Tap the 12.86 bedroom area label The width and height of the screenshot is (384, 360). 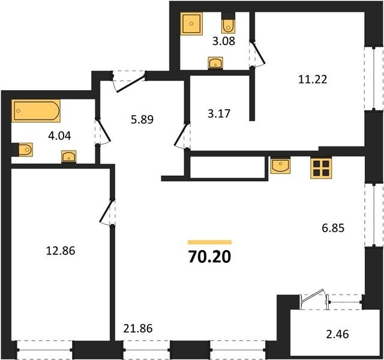pyautogui.click(x=61, y=251)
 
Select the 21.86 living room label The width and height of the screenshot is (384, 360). pyautogui.click(x=138, y=328)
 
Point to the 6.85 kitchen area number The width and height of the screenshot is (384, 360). pyautogui.click(x=333, y=228)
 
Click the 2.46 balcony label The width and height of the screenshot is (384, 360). pyautogui.click(x=337, y=334)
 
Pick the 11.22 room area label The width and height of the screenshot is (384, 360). pyautogui.click(x=313, y=80)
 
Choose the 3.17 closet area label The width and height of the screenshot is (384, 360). pyautogui.click(x=219, y=114)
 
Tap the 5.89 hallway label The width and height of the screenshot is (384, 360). pyautogui.click(x=142, y=120)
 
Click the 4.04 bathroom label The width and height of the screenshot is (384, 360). pyautogui.click(x=59, y=136)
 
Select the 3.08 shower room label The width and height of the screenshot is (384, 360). pyautogui.click(x=224, y=41)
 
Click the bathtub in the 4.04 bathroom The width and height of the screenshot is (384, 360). pyautogui.click(x=36, y=110)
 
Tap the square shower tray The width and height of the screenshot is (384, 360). pyautogui.click(x=191, y=24)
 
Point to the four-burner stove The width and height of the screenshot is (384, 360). pyautogui.click(x=321, y=168)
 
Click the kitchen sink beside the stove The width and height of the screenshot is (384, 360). pyautogui.click(x=280, y=166)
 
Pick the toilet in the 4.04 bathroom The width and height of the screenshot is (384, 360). pyautogui.click(x=22, y=149)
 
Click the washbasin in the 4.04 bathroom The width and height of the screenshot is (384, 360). pyautogui.click(x=69, y=157)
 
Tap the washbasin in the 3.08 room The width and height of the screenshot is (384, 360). pyautogui.click(x=215, y=64)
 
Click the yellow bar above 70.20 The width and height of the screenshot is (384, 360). pyautogui.click(x=209, y=242)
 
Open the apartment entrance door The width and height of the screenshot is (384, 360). pyautogui.click(x=130, y=82)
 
